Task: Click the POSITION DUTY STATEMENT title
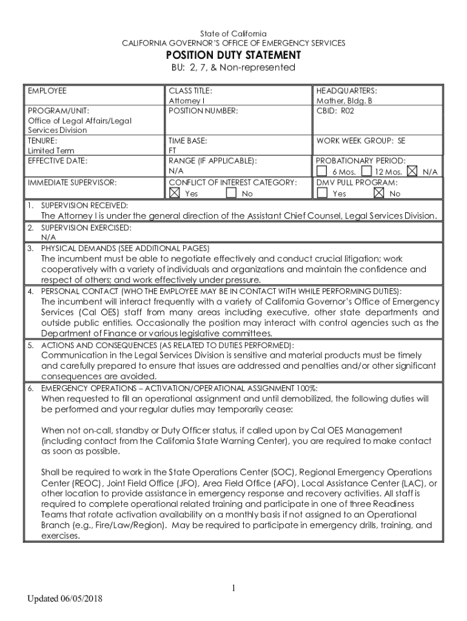(x=233, y=55)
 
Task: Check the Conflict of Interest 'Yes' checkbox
(x=175, y=193)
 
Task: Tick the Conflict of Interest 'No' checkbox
(x=231, y=193)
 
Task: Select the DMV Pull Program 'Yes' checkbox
(x=322, y=193)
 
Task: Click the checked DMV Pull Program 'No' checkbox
(x=379, y=193)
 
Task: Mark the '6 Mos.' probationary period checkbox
(x=322, y=172)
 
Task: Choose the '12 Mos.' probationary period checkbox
(x=366, y=172)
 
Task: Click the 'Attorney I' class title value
(x=186, y=101)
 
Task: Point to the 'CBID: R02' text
(x=334, y=111)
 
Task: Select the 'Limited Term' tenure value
(x=51, y=150)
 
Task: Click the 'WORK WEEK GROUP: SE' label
(x=360, y=141)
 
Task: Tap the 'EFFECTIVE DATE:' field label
(x=58, y=161)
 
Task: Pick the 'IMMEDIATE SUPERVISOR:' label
(x=72, y=182)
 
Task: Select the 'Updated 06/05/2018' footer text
(x=64, y=599)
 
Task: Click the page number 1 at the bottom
(x=233, y=588)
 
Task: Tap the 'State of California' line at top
(x=233, y=33)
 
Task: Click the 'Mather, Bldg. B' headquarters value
(x=344, y=101)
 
